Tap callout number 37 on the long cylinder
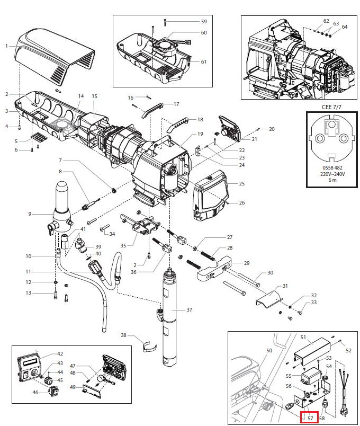(190, 309)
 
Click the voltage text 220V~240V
(332, 174)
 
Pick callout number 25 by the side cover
(241, 183)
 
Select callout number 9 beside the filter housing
(30, 214)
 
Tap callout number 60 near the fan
(204, 33)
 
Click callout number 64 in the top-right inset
(345, 26)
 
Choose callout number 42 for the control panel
(60, 353)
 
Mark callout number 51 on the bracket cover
(303, 337)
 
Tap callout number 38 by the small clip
(123, 335)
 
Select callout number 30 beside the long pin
(270, 273)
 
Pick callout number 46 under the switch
(35, 393)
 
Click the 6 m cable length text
(332, 181)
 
